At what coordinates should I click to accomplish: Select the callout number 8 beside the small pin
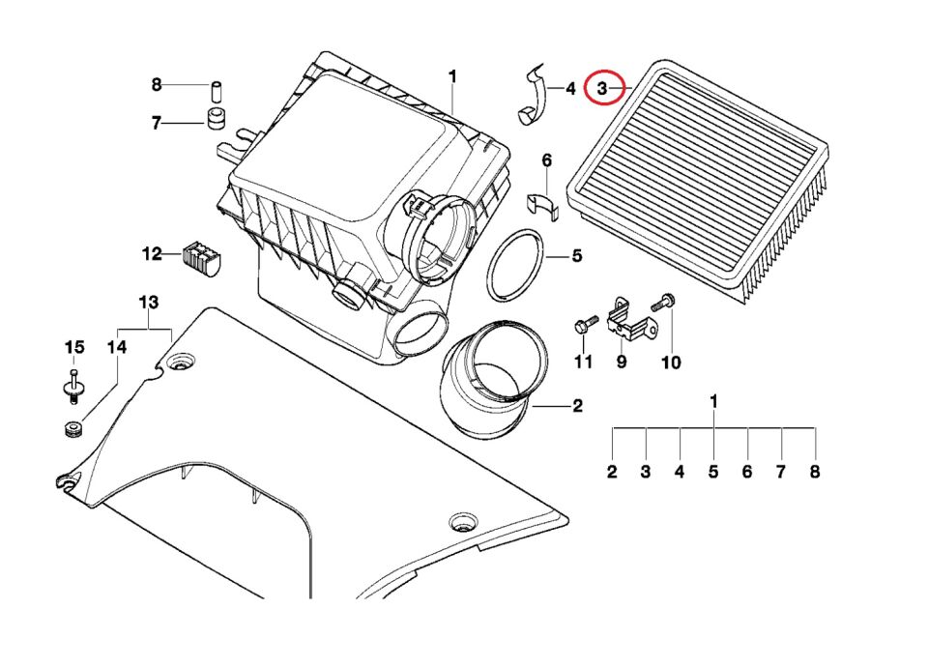click(x=157, y=85)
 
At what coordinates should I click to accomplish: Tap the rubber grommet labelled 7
click(x=217, y=121)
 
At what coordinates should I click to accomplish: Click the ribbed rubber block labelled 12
click(x=201, y=257)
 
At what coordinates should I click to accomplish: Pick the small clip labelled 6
click(x=544, y=204)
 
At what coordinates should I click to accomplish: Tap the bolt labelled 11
click(x=581, y=327)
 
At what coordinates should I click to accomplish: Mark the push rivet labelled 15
click(x=73, y=387)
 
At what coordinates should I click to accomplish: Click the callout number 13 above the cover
click(x=147, y=303)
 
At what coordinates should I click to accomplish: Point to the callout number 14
click(x=116, y=347)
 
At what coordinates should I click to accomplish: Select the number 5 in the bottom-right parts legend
click(x=713, y=473)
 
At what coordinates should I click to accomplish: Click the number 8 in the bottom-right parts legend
click(x=815, y=473)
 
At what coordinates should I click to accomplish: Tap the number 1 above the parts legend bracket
click(x=713, y=400)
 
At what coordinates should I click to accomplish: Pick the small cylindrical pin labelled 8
click(x=217, y=92)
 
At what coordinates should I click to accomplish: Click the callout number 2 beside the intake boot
click(x=577, y=406)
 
